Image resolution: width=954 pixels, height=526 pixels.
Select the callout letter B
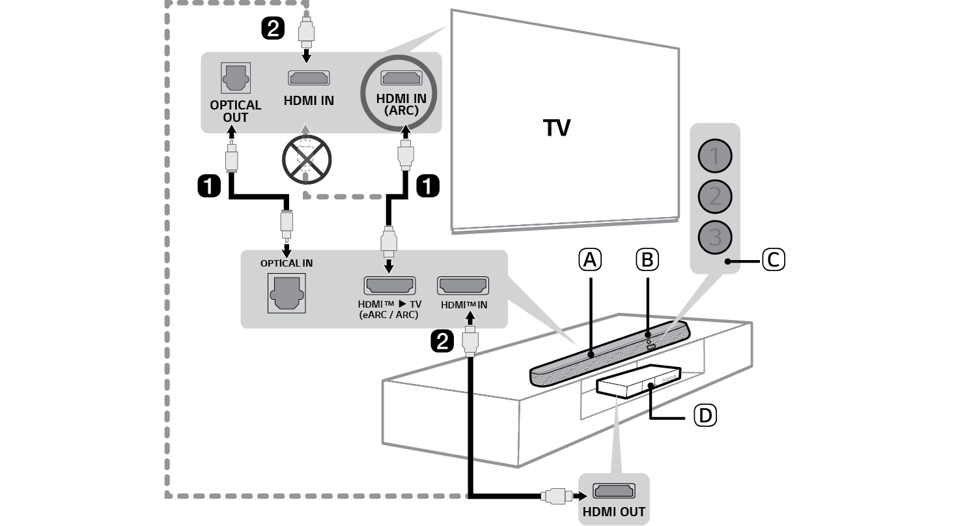pos(647,260)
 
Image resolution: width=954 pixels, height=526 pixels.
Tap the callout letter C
pos(773,260)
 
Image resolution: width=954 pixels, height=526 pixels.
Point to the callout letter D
pos(704,415)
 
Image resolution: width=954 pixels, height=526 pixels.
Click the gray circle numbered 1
pos(715,156)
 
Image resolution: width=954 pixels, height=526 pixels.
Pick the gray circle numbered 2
pos(715,196)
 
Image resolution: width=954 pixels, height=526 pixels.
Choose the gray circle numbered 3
pos(715,237)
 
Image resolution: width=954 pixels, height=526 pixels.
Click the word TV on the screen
pos(557,128)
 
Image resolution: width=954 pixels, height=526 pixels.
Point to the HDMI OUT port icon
pos(613,491)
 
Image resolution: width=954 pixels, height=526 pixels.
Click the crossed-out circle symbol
pos(307,160)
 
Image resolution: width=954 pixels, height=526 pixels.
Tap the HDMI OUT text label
pos(614,512)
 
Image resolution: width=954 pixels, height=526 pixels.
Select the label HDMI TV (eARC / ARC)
pos(389,310)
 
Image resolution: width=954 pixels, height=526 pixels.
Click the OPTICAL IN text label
pos(287,263)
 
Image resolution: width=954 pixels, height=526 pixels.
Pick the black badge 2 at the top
pos(272,28)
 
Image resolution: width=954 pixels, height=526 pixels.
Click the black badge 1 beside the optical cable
pos(208,186)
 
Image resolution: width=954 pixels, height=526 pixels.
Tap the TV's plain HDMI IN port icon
pos(309,79)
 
